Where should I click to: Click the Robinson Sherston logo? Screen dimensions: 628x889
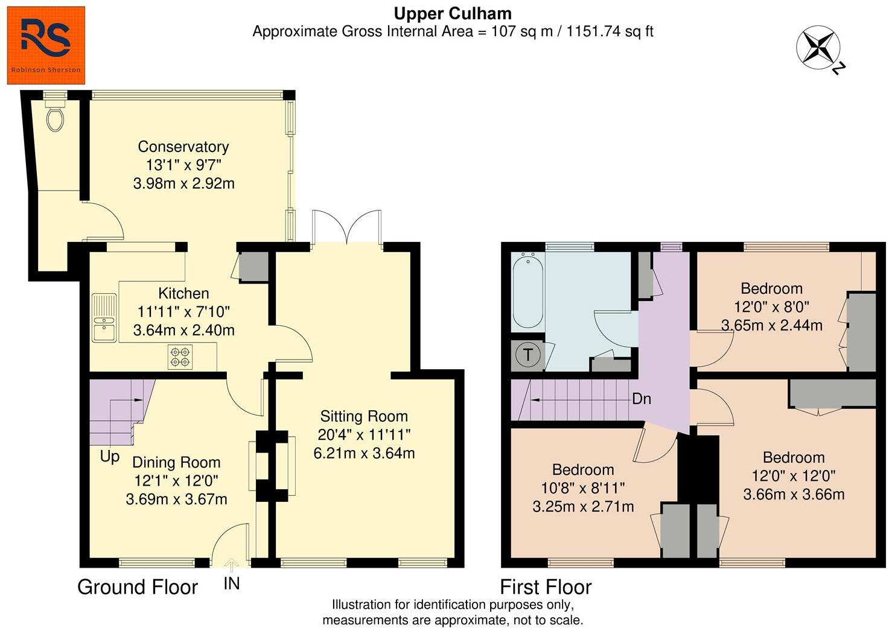click(x=46, y=45)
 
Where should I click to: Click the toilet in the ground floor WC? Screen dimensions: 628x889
click(x=56, y=118)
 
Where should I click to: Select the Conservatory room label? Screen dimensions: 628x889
click(x=183, y=147)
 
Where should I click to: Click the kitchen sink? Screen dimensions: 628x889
click(x=104, y=318)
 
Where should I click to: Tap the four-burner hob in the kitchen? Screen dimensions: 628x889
click(x=180, y=356)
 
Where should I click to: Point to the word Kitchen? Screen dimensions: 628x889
click(x=183, y=294)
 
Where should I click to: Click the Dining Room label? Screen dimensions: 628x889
click(x=176, y=463)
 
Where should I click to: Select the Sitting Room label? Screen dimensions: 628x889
click(x=364, y=416)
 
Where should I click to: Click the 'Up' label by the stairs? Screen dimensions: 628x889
click(x=110, y=457)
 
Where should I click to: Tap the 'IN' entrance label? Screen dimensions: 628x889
click(x=232, y=583)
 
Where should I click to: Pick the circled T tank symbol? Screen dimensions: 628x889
click(x=528, y=355)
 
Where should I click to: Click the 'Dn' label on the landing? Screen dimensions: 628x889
click(x=641, y=399)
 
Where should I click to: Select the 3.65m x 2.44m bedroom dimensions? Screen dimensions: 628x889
click(x=772, y=325)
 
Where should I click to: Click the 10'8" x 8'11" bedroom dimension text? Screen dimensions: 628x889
click(x=583, y=488)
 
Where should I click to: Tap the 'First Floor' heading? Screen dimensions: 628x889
click(x=546, y=587)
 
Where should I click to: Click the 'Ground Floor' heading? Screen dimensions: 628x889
click(x=138, y=587)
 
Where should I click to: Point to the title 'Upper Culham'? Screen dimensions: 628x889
click(x=453, y=13)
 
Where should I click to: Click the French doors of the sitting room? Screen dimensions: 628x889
click(x=347, y=227)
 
